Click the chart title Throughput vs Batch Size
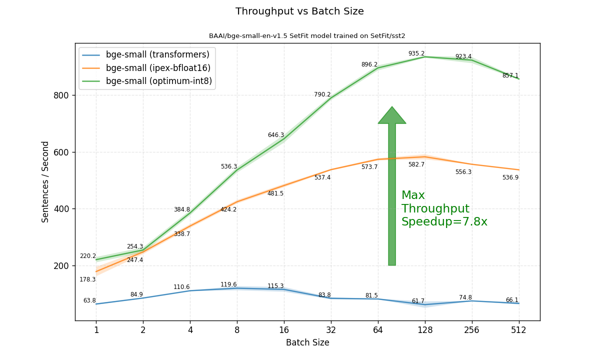[299, 11]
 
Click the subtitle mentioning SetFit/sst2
[307, 36]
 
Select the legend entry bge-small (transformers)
[157, 55]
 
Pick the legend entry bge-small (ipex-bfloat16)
[158, 68]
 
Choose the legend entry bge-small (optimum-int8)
[159, 81]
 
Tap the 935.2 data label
[416, 53]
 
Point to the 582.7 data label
[416, 164]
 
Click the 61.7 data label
[418, 301]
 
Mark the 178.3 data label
[87, 279]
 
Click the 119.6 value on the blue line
[228, 284]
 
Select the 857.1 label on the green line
[510, 75]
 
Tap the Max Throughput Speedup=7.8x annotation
[444, 209]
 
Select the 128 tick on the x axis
[424, 330]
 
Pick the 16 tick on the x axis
[284, 330]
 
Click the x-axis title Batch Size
[307, 342]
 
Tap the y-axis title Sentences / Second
[45, 181]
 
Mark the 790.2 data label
[322, 94]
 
